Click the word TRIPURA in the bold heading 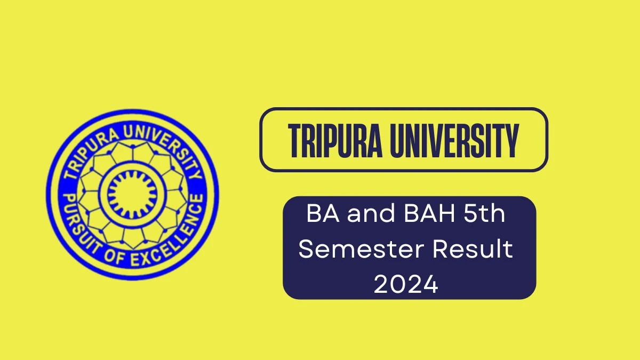pos(335,141)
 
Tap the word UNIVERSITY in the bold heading pos(454,141)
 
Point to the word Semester pos(362,249)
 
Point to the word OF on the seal pos(114,257)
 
